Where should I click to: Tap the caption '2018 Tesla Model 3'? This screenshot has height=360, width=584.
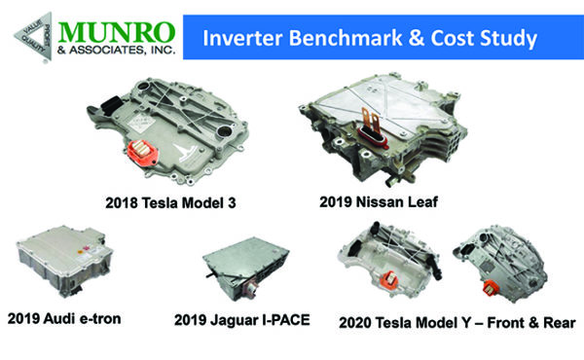(x=171, y=204)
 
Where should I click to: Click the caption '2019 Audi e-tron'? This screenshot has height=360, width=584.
(x=69, y=317)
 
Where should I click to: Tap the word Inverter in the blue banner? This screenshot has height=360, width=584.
(x=237, y=39)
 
